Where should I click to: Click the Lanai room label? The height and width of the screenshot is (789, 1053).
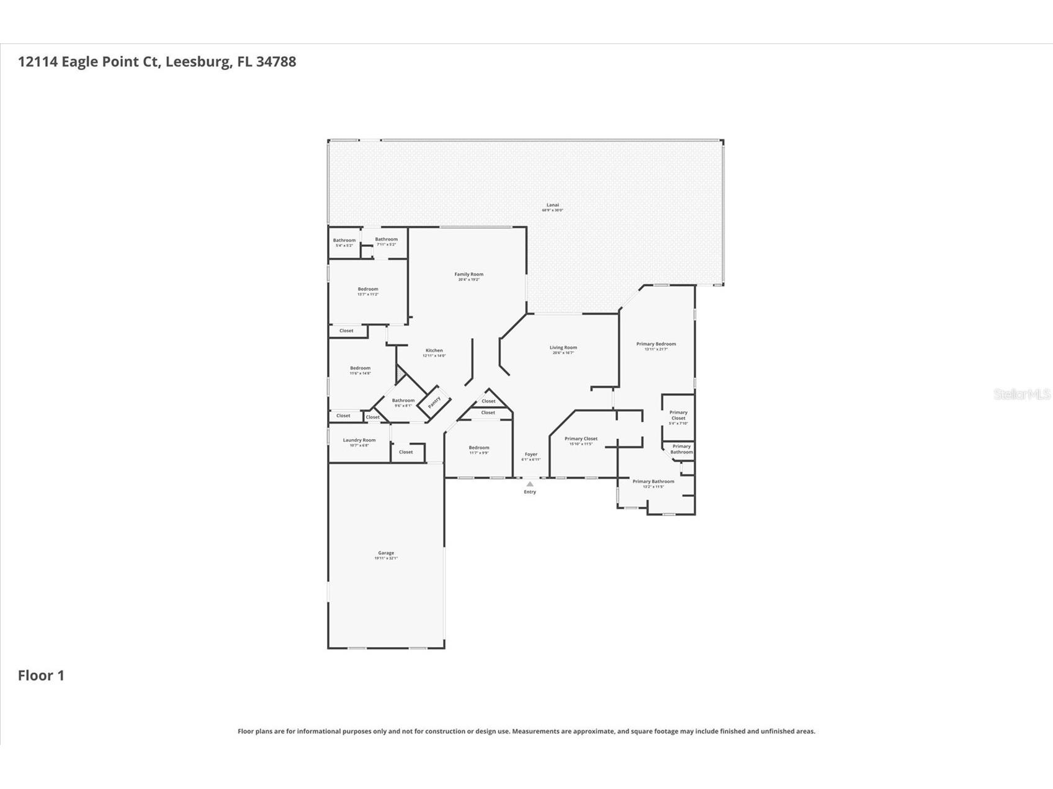[552, 205]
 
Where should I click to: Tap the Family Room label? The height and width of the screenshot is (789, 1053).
[468, 275]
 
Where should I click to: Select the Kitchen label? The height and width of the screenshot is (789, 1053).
[434, 351]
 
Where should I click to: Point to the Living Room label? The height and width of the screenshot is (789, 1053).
[563, 348]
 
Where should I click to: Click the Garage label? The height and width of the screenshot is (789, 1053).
[386, 553]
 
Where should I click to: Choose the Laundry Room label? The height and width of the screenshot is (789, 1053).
[359, 440]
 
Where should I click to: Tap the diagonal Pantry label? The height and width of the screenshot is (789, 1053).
[434, 402]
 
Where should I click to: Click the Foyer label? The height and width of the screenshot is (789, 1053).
[531, 455]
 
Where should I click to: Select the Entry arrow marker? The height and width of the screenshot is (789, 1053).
[529, 484]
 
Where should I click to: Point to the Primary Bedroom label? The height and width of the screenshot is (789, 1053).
[656, 344]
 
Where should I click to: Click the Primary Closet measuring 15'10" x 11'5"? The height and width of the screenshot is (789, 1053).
[581, 439]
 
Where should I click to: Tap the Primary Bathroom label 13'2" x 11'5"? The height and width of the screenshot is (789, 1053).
[653, 482]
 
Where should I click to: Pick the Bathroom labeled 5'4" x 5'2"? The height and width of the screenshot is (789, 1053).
[344, 241]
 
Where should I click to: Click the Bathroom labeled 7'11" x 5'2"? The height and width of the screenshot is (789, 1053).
[386, 239]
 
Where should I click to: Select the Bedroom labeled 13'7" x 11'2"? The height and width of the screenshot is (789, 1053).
[367, 290]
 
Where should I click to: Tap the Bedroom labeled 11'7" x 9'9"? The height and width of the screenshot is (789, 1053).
[478, 448]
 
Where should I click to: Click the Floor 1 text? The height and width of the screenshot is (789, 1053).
[41, 675]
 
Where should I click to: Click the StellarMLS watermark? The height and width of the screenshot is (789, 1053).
[1021, 394]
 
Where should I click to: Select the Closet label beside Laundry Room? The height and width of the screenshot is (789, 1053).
[406, 452]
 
